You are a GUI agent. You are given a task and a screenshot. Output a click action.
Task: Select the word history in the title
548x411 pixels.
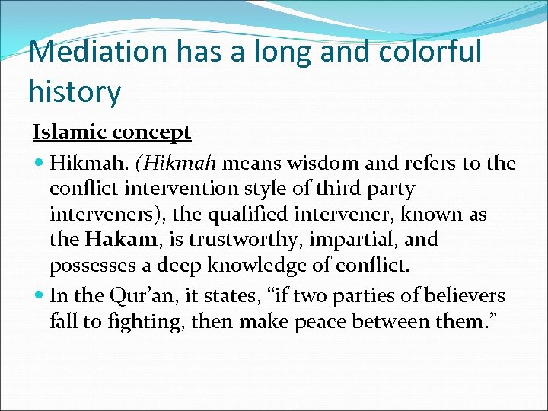coord(74,92)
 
